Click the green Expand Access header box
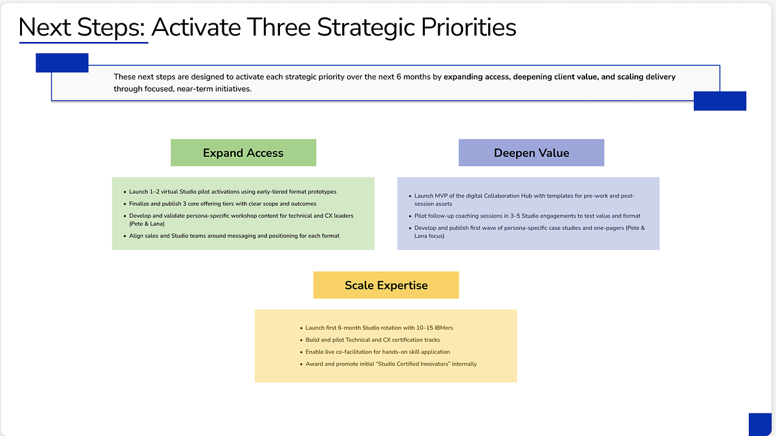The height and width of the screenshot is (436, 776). point(243,152)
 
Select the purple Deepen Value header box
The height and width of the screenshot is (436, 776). point(532,152)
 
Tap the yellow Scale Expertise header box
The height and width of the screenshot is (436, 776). point(386,285)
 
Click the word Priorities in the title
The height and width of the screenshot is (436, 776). point(468,27)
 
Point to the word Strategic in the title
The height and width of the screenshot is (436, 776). point(365,28)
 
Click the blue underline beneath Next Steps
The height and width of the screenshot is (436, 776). point(84,43)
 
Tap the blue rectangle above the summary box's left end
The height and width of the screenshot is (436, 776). point(62,63)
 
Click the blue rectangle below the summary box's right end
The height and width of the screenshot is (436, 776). point(720,101)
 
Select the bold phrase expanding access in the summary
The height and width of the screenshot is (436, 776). point(477,77)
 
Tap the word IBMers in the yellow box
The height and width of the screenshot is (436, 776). point(444,327)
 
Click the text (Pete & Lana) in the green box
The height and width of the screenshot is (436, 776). point(147,224)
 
